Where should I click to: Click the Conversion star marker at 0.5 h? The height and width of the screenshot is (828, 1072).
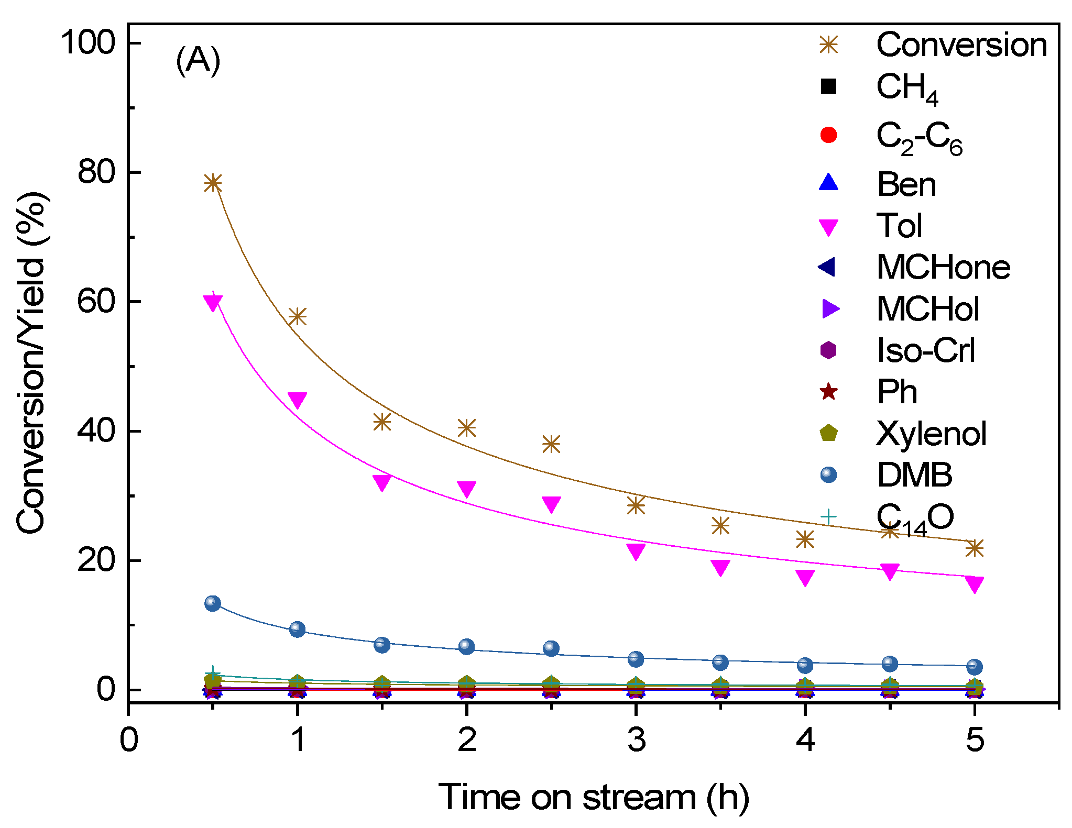212,183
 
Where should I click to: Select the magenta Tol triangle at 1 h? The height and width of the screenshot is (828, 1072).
297,400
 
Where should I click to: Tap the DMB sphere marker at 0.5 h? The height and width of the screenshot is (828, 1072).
212,603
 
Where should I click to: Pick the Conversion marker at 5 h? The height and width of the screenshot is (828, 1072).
974,548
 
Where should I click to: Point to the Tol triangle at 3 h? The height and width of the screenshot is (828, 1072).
636,551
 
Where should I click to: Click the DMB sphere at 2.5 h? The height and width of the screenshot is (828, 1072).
551,648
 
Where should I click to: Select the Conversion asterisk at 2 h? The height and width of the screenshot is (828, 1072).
466,428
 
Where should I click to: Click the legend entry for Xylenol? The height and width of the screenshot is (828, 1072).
931,434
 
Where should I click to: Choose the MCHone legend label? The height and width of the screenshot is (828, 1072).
943,268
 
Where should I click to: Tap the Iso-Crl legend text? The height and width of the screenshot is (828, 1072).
925,350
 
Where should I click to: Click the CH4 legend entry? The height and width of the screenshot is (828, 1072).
906,88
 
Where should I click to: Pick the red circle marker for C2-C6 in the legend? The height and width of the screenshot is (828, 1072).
828,135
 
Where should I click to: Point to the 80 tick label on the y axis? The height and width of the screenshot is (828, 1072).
96,172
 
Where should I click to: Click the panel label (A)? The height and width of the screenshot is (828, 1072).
198,61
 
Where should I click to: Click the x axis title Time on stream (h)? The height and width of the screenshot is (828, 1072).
593,798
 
